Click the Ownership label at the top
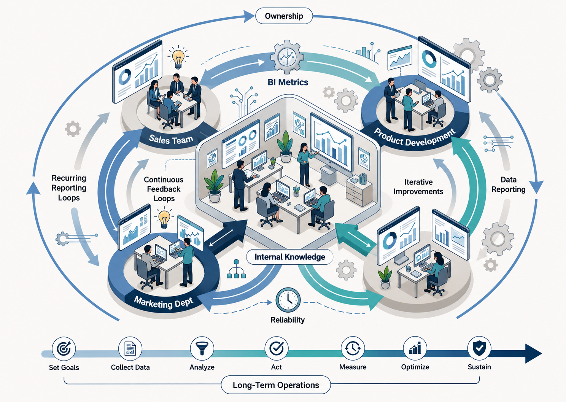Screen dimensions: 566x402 [284, 16]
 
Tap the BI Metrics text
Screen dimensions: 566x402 [288, 82]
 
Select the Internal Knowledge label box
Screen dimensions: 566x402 [290, 257]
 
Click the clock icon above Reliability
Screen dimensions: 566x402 [288, 300]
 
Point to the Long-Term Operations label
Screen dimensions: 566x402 [276, 385]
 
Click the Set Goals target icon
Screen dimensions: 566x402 [64, 349]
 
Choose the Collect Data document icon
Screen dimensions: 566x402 [130, 349]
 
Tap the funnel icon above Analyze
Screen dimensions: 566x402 [202, 348]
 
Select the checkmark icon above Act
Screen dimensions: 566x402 [277, 348]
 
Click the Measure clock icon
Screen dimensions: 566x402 [353, 348]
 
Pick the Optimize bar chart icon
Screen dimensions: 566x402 [415, 348]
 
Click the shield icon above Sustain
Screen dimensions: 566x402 [479, 348]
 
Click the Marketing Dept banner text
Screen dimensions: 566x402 [164, 302]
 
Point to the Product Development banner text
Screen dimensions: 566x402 [414, 138]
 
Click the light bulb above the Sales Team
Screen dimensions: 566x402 [178, 57]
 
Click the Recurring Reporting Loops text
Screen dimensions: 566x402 [69, 188]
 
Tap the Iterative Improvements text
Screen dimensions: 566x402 [418, 187]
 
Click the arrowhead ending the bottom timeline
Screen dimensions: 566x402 [533, 353]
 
